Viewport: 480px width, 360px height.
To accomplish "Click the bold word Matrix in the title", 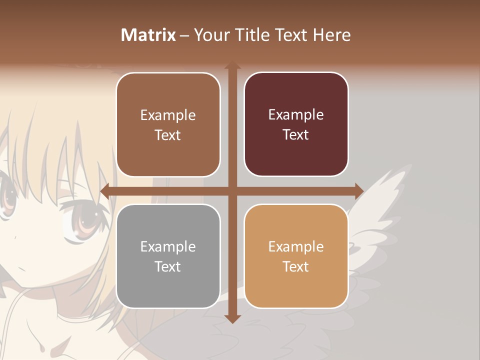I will [148, 35].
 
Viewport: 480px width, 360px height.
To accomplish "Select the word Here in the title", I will [331, 35].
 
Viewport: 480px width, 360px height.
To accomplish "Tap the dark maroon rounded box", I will [296, 124].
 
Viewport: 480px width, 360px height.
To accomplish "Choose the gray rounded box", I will [168, 256].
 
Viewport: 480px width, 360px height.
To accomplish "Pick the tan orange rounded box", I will [296, 256].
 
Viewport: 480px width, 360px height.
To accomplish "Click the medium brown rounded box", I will [168, 124].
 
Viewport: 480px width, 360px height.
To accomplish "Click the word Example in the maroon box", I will [296, 115].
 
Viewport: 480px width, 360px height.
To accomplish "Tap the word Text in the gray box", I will [167, 266].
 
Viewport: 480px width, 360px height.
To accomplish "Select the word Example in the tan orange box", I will [296, 246].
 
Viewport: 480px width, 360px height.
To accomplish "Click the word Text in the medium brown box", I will [167, 135].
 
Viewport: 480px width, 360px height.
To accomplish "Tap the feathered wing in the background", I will [380, 210].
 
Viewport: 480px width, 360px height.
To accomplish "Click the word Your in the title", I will [210, 35].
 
